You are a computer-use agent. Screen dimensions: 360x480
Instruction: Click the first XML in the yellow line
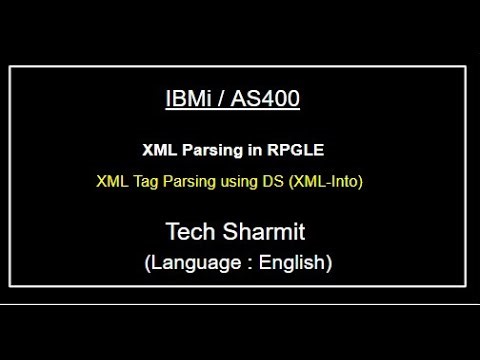(111, 183)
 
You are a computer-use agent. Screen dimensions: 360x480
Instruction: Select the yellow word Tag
(144, 183)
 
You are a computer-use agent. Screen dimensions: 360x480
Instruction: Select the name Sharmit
(270, 233)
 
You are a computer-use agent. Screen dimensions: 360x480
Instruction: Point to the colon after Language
(248, 265)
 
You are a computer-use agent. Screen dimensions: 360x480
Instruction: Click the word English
(291, 264)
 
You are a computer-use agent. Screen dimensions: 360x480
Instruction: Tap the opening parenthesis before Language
(148, 264)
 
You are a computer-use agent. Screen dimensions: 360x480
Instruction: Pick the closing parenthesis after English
(329, 264)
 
